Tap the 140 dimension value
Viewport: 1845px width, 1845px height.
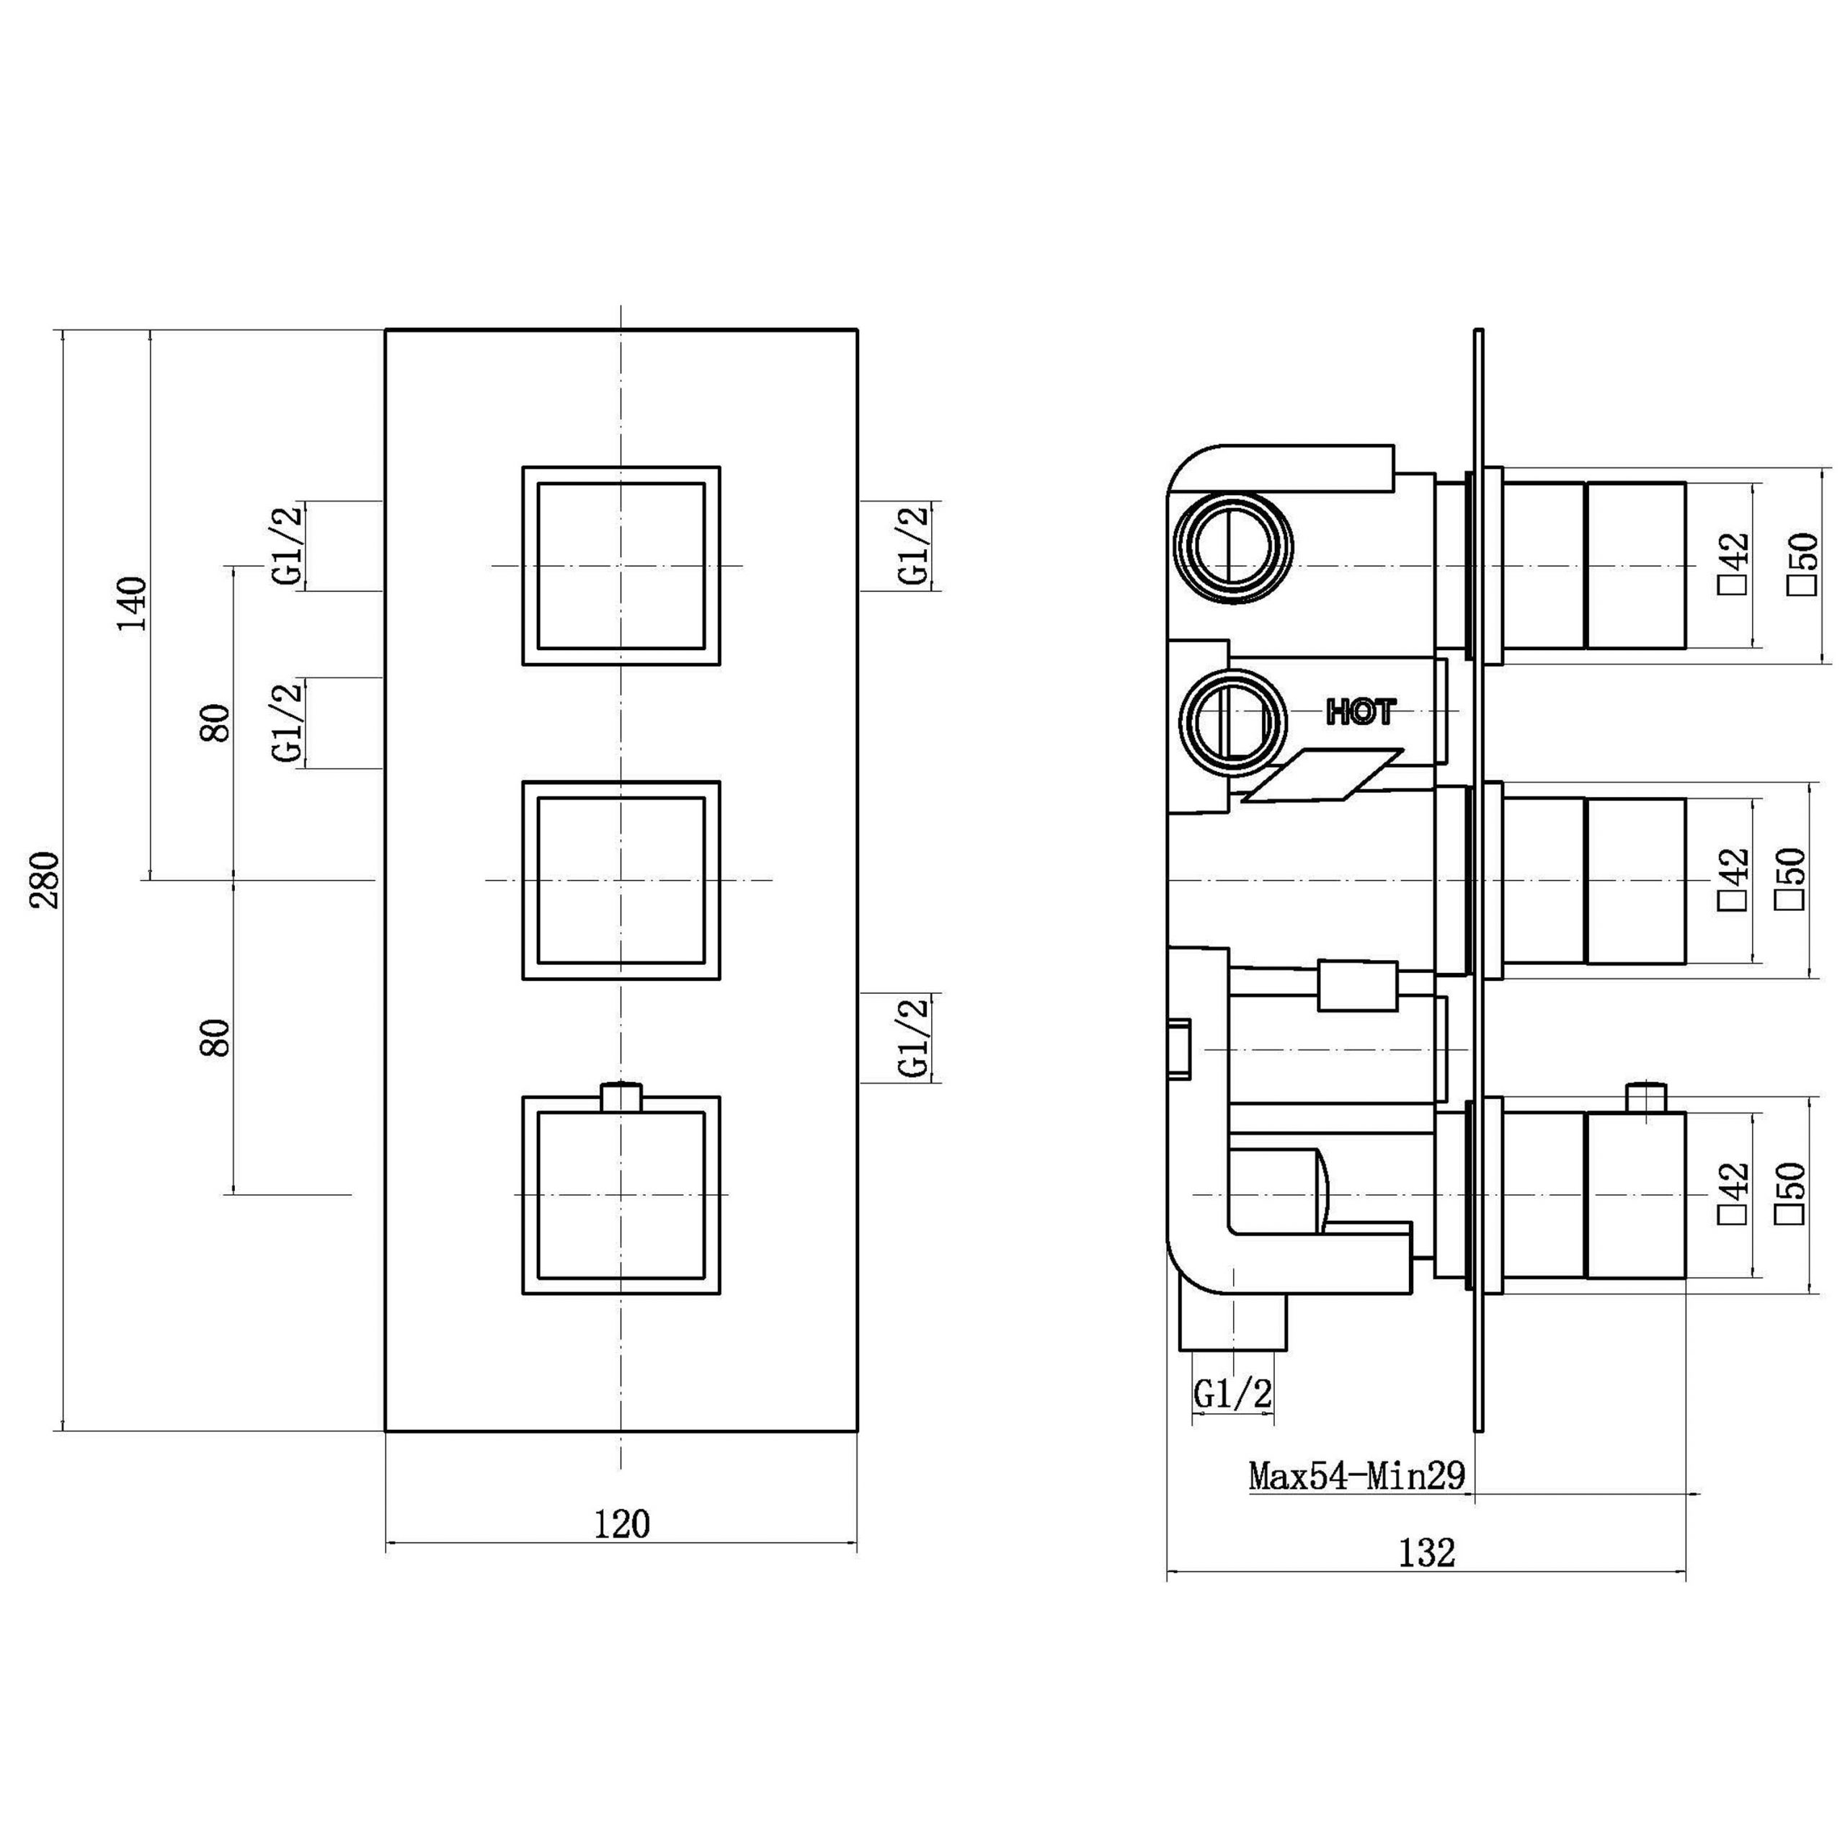click(133, 603)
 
